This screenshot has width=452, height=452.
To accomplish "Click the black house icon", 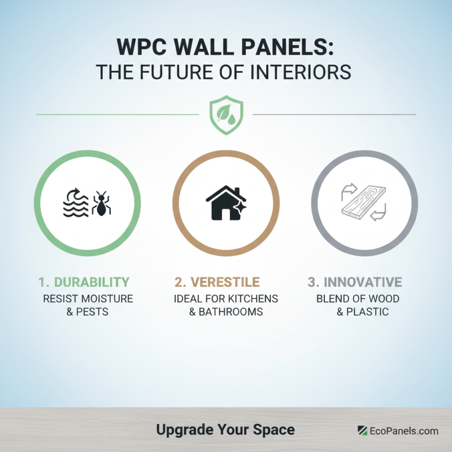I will (224, 202).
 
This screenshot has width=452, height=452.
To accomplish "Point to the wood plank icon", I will (363, 201).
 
